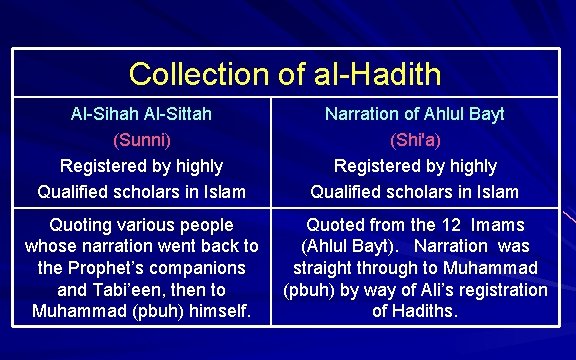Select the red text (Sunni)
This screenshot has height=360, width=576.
tap(141, 140)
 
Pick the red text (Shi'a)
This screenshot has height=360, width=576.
tap(414, 140)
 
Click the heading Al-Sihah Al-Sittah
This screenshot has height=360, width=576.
tap(141, 114)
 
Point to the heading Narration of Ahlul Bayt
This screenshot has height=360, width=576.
tap(414, 114)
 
